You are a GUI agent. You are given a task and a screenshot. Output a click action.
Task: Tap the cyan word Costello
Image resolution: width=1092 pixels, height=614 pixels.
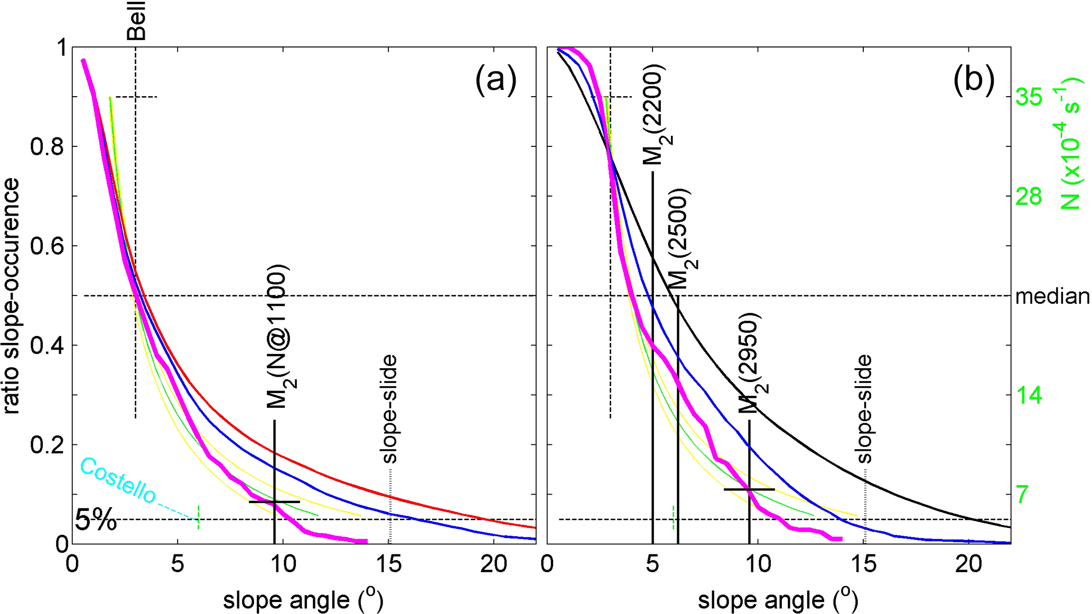point(118,480)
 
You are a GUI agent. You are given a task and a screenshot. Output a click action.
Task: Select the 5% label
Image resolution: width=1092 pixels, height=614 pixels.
point(96,520)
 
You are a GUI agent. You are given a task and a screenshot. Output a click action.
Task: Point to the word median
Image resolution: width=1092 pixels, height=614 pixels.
point(1052,296)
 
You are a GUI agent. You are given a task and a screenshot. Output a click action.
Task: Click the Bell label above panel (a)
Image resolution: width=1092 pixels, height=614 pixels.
point(136,21)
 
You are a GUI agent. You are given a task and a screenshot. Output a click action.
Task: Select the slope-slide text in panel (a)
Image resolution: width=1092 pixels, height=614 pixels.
point(389,408)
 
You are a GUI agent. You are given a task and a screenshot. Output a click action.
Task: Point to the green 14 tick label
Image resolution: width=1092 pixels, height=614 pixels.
point(1029,395)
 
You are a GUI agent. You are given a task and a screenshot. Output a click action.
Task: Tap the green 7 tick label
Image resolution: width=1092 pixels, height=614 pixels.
point(1023,495)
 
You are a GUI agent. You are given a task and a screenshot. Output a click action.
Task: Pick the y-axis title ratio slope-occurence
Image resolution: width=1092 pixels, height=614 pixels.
point(12,296)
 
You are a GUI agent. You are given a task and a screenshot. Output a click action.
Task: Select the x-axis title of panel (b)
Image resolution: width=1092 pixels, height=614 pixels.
point(778,599)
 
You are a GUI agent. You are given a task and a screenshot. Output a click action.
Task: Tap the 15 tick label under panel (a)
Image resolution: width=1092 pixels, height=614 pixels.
point(389,565)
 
